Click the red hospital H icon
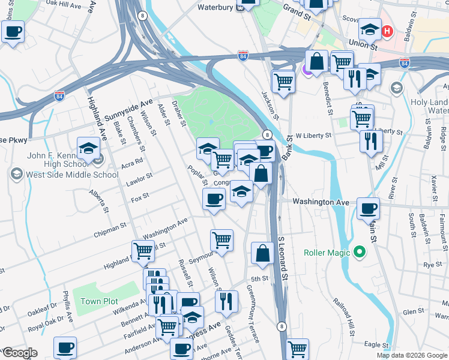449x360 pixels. point(388,31)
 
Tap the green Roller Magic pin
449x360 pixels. point(359,252)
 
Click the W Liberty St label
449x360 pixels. point(313,136)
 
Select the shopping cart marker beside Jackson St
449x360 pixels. point(283,80)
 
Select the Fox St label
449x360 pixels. point(140,196)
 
